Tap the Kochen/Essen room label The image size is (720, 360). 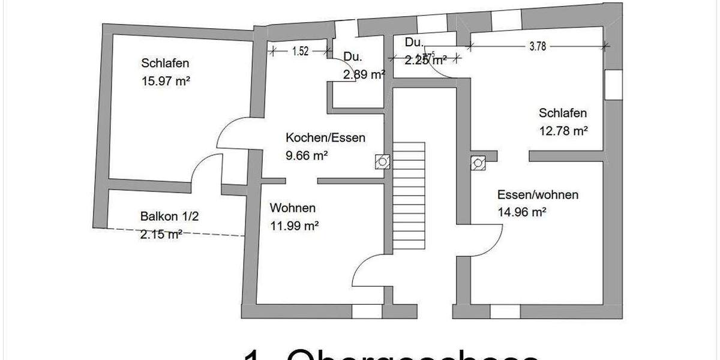point(325,138)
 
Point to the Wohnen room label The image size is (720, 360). point(293,209)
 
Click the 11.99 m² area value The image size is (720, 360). point(293,226)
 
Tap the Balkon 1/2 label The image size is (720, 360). point(165,217)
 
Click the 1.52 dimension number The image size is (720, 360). point(300,52)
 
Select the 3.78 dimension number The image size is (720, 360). point(538,47)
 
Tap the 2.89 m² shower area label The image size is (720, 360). point(364,75)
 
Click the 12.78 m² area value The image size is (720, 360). point(563,131)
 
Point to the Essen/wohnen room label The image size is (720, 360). point(538,195)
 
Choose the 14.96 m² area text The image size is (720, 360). point(521,212)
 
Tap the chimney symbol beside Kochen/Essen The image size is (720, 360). point(382,161)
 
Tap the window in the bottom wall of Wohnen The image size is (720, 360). point(366,311)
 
